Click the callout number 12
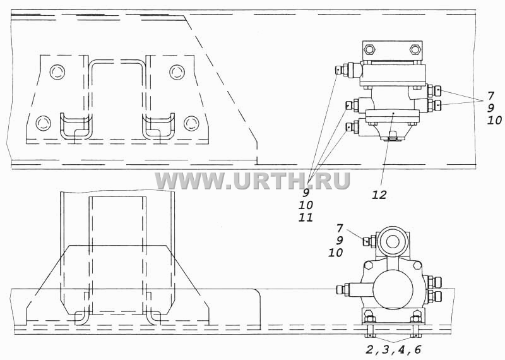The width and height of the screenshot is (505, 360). click(379, 195)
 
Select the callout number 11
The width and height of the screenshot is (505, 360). click(306, 217)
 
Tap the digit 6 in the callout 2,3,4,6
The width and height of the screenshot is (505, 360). click(417, 349)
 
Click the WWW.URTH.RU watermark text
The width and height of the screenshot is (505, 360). click(252, 181)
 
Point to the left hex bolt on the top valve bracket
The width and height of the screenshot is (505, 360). click(369, 50)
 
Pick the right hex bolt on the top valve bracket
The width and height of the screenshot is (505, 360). click(415, 50)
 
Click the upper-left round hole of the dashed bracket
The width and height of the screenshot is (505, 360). click(57, 71)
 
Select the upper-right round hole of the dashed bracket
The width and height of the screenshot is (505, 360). click(177, 72)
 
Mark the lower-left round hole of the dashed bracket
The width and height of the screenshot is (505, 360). click(44, 123)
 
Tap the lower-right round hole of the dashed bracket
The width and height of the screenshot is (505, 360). click(191, 123)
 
